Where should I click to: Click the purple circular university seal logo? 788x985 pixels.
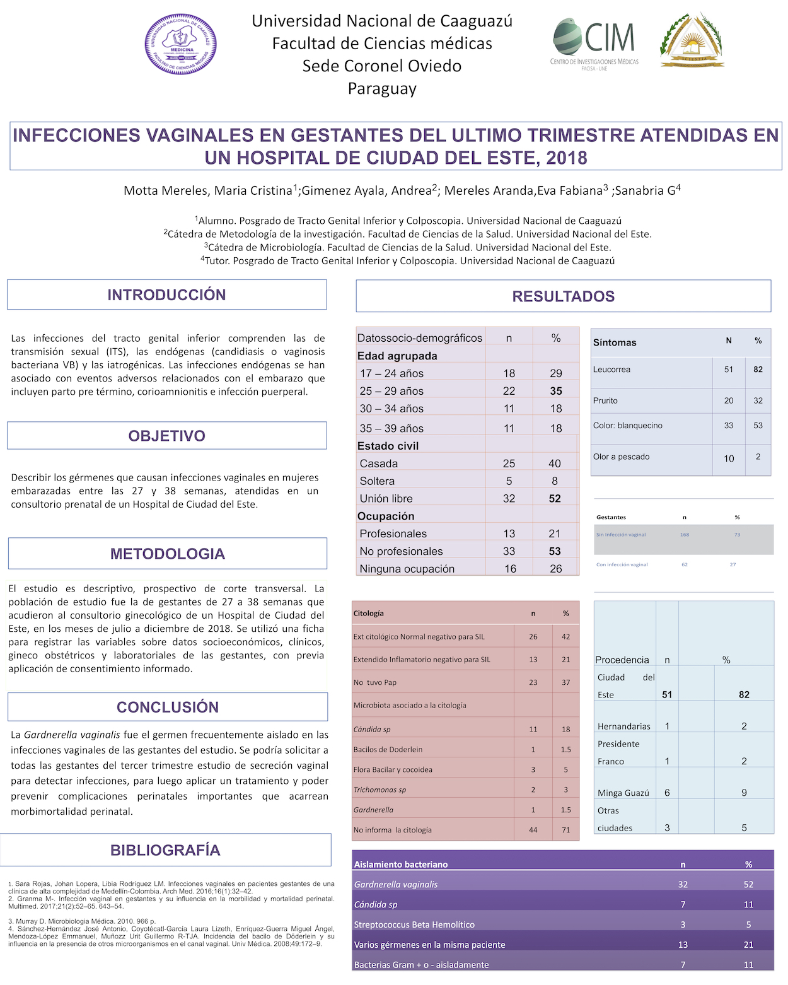click(181, 44)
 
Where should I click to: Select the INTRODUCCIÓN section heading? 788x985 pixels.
click(166, 294)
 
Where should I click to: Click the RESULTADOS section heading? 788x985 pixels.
click(563, 296)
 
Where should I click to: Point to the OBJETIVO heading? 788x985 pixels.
click(166, 436)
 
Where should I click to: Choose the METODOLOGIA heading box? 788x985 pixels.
click(167, 554)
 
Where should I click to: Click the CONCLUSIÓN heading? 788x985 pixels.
click(167, 707)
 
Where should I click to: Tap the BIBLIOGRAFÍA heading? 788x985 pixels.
click(165, 850)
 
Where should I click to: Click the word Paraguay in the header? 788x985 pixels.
click(382, 89)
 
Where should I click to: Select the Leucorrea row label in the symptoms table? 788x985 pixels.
click(611, 370)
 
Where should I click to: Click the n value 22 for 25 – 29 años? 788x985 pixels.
click(509, 391)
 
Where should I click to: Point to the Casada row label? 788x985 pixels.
click(378, 463)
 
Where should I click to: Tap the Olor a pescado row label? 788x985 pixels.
click(621, 457)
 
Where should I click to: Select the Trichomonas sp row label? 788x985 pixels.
click(380, 790)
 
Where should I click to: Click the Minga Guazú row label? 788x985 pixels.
click(623, 793)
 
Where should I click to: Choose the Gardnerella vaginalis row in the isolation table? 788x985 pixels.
click(396, 884)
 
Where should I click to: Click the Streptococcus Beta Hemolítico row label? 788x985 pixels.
click(414, 924)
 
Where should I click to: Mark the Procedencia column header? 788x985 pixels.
click(622, 660)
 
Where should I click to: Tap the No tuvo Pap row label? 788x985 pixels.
click(375, 682)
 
